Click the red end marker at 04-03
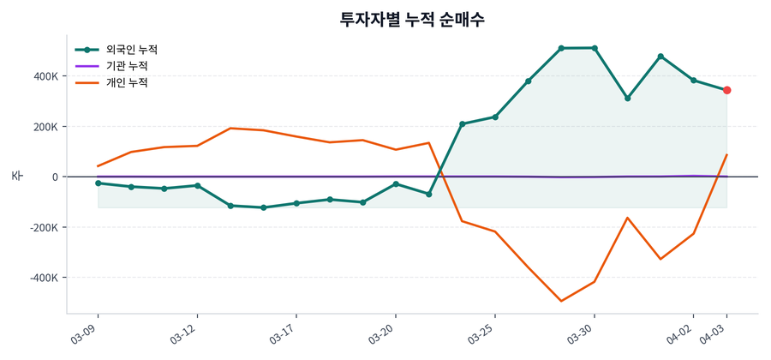click(x=726, y=90)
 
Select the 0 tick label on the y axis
click(x=54, y=177)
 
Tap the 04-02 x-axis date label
click(x=682, y=333)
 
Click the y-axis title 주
click(x=16, y=176)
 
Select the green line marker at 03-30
click(x=595, y=48)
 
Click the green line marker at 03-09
click(x=98, y=183)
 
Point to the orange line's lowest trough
click(x=561, y=301)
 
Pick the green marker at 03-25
click(x=495, y=117)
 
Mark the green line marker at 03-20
click(x=396, y=184)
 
